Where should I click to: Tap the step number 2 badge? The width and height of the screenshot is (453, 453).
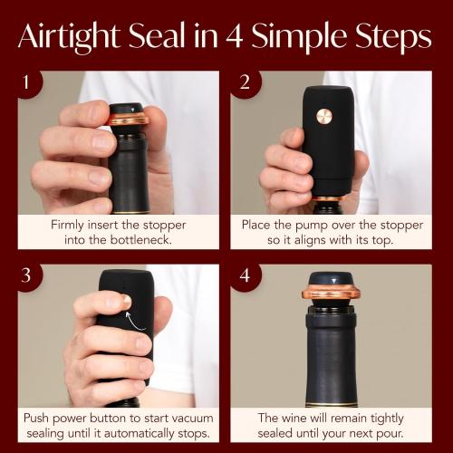[245, 82]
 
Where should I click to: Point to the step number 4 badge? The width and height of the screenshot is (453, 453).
[245, 275]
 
